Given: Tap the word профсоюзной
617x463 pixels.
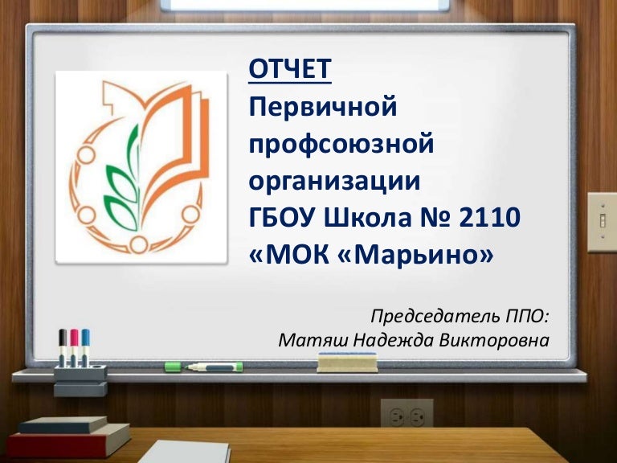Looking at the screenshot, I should [x=341, y=144].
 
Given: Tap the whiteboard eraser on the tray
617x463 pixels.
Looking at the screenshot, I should [x=346, y=363].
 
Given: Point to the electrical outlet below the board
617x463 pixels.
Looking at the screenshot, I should [x=407, y=416].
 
